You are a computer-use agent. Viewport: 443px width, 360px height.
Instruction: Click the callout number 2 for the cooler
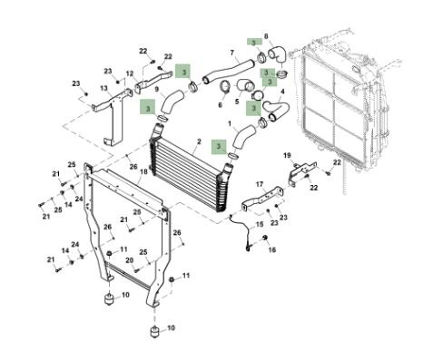coord(199,141)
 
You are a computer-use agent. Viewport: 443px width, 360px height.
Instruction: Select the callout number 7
coord(232,53)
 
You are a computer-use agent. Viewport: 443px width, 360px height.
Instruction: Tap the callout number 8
coord(266,36)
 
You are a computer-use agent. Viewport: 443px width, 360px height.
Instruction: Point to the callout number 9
coord(157,89)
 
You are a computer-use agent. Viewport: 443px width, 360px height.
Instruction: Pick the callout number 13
coord(103,88)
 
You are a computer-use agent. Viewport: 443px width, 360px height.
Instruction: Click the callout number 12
coord(130,73)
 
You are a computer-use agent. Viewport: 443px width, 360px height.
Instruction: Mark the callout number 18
coord(143,171)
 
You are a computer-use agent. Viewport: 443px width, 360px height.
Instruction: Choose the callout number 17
coord(260,184)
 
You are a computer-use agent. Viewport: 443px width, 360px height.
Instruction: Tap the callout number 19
coord(287,155)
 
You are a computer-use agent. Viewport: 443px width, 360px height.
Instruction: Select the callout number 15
coord(260,224)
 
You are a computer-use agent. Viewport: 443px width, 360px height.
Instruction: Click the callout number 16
coord(272,249)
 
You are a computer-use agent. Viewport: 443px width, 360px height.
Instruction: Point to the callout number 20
coord(130,260)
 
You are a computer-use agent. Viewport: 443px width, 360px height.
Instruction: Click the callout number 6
coord(220,105)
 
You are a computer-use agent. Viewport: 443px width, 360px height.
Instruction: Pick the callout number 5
coord(237,102)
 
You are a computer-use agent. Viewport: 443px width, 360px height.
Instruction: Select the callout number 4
coord(282,92)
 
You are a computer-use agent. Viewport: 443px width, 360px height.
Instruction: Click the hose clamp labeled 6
coord(224,87)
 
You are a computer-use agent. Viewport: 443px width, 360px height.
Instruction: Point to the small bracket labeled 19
coord(302,171)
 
